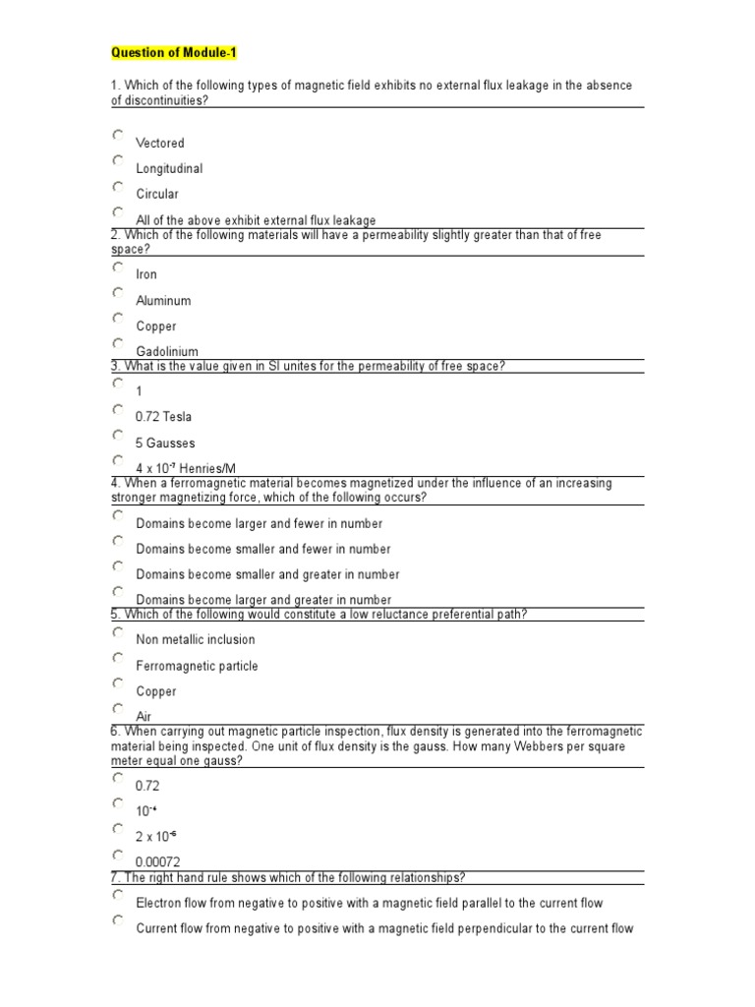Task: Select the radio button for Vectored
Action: click(118, 135)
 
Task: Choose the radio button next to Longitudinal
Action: click(118, 160)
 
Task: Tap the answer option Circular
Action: click(157, 195)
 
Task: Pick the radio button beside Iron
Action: click(118, 267)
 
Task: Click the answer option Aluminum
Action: click(163, 301)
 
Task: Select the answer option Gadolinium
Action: click(167, 352)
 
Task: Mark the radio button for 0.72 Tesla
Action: click(118, 409)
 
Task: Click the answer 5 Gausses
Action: click(165, 444)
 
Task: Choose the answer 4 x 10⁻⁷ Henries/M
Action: click(186, 469)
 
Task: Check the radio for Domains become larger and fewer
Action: click(118, 515)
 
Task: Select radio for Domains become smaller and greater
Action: click(118, 566)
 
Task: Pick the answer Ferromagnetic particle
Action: click(197, 666)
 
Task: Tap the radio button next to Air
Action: click(118, 708)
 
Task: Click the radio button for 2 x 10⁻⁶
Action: click(118, 828)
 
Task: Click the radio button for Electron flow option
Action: click(118, 895)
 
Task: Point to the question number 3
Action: click(114, 367)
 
